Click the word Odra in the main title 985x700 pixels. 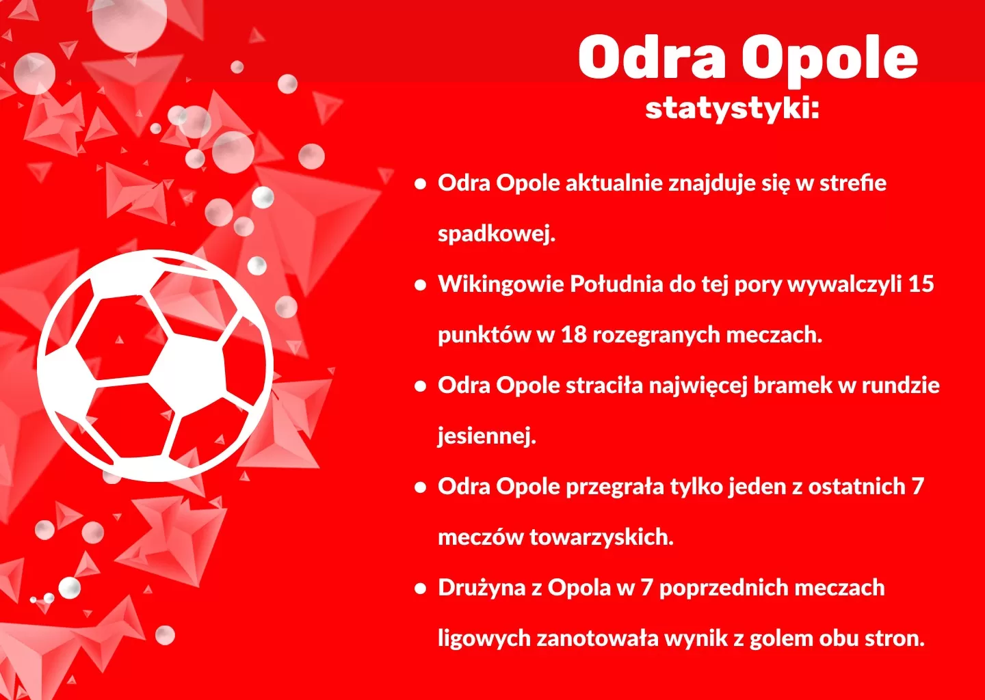[651, 57]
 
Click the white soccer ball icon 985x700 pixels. [155, 365]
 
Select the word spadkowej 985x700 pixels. [497, 234]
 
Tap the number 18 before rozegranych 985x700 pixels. [574, 335]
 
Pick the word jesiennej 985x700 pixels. [487, 436]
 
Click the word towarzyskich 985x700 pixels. [601, 537]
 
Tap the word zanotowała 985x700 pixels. [597, 638]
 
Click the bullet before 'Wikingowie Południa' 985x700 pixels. [421, 285]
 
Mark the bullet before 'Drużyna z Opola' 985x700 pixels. [421, 589]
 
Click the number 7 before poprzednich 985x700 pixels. [646, 588]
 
